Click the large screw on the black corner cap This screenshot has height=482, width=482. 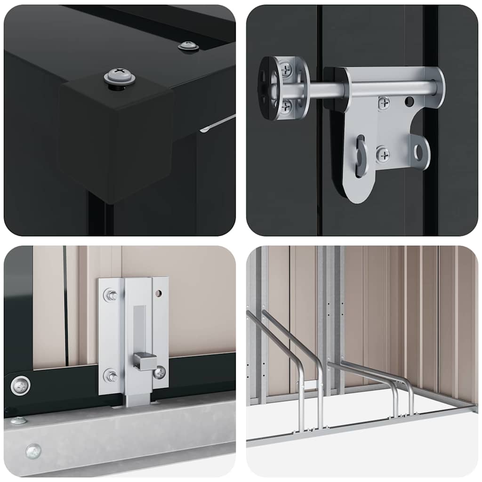click(120, 76)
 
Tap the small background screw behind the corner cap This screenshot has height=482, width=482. click(188, 46)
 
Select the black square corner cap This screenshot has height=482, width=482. click(115, 137)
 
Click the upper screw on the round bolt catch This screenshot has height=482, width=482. click(286, 70)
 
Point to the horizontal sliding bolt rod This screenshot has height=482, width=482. click(372, 88)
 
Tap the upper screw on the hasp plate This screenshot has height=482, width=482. click(384, 103)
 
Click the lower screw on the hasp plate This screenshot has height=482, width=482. click(383, 154)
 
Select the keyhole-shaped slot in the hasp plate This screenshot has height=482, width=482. click(361, 155)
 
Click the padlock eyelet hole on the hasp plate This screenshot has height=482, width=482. click(419, 152)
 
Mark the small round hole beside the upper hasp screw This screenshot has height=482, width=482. click(410, 101)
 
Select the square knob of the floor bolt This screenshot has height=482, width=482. click(145, 361)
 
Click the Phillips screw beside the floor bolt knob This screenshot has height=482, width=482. click(160, 372)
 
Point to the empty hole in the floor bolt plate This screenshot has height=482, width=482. click(159, 293)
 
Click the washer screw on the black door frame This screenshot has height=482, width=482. click(21, 386)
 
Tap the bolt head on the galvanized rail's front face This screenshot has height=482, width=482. click(33, 451)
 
